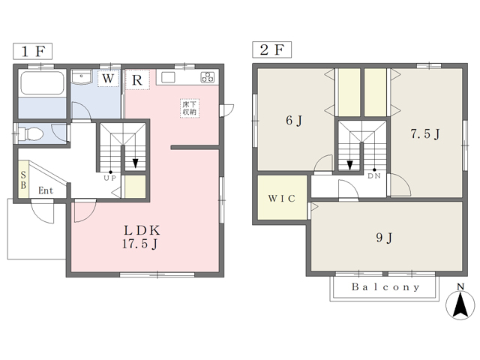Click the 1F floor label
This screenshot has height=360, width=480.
32,51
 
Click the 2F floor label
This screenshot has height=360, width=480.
271,49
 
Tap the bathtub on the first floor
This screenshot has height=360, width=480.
42,82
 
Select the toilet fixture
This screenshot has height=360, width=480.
30,133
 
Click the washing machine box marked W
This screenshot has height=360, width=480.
108,79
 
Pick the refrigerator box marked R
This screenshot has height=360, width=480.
137,80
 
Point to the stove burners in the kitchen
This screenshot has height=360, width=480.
208,77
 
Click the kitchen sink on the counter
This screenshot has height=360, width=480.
168,77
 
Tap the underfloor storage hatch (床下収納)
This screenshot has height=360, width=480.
190,108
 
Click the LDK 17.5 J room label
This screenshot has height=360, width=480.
142,237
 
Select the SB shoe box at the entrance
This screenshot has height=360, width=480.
23,180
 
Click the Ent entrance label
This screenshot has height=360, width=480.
46,190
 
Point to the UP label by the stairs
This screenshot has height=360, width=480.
109,178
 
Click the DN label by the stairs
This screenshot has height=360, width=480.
374,176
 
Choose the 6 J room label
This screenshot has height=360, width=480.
294,120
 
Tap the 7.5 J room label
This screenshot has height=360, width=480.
425,133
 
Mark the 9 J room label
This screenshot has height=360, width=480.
384,238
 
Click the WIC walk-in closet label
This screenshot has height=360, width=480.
282,198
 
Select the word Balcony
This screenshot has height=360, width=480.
385,287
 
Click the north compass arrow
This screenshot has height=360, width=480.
460,304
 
